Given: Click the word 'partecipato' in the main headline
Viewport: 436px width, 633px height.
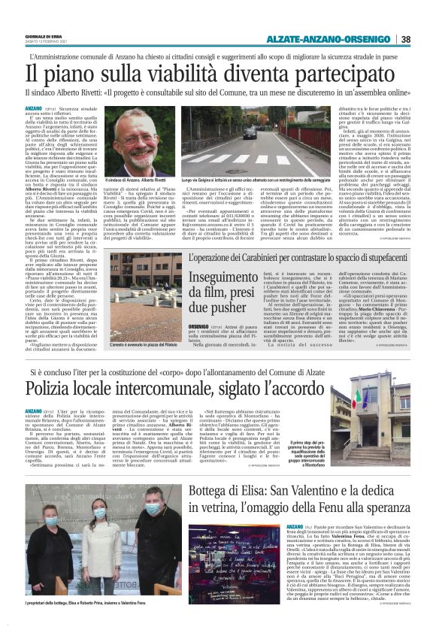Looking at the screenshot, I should (316, 74).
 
